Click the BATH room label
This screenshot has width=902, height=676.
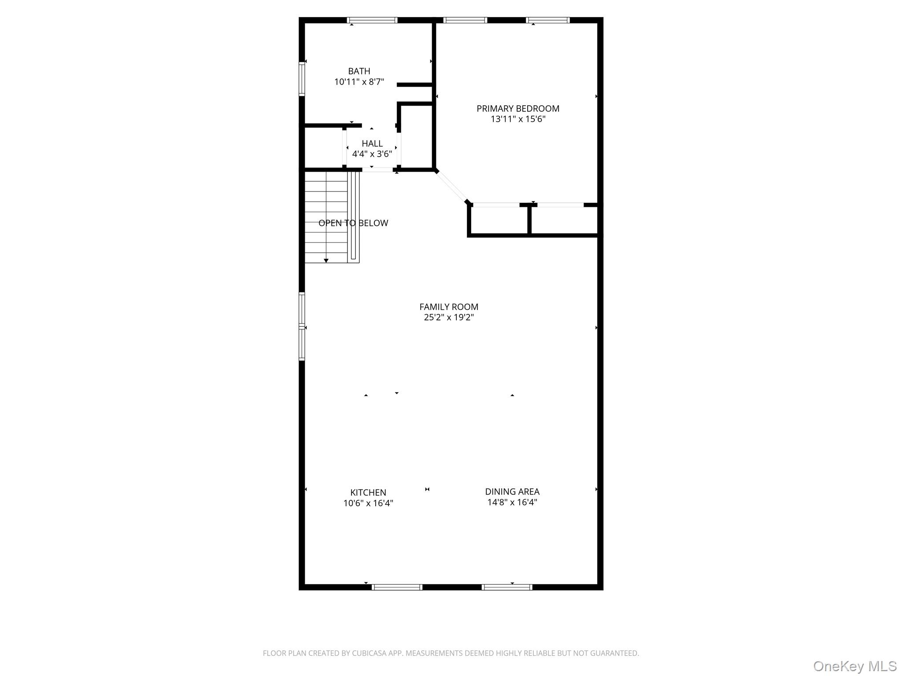[359, 71]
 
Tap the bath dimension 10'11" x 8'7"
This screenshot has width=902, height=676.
[359, 82]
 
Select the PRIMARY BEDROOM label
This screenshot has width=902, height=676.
[518, 108]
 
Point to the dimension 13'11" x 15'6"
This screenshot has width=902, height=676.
[518, 119]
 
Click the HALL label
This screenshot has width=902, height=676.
[372, 143]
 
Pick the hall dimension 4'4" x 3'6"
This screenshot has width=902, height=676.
[372, 154]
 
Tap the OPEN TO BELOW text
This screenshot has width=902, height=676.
[353, 223]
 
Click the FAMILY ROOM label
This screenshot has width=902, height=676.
[449, 307]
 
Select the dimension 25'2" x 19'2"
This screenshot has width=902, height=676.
[449, 317]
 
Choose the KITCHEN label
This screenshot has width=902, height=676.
[368, 492]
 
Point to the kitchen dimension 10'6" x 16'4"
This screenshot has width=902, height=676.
[368, 503]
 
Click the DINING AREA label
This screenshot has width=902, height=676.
[512, 492]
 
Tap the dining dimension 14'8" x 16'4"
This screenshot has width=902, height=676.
[512, 502]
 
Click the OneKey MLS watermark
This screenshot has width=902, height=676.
[854, 666]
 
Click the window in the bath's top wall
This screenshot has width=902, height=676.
[372, 20]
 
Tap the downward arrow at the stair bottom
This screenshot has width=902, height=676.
[326, 261]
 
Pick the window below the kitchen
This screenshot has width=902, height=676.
[397, 587]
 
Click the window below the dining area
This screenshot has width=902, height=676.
[507, 587]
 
